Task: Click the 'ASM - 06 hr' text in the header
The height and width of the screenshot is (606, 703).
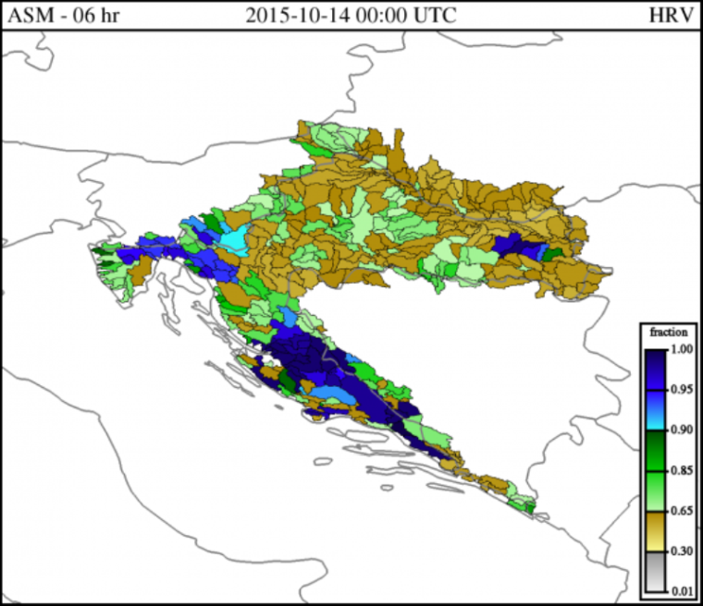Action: tap(62, 16)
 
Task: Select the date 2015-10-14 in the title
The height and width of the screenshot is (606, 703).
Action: tap(294, 16)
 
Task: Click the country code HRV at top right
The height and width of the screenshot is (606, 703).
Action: tap(668, 16)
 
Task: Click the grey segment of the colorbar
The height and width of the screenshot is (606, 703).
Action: tap(652, 572)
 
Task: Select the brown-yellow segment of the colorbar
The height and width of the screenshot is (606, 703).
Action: tap(652, 531)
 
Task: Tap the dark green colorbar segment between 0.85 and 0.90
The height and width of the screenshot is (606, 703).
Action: tap(652, 451)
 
